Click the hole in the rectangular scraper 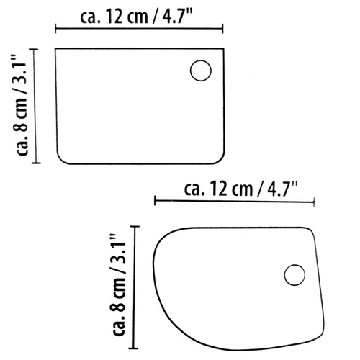click(x=200, y=71)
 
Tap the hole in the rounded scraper click(x=294, y=275)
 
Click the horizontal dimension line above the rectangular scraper click(x=139, y=30)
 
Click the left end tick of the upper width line click(x=56, y=30)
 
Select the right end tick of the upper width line click(x=222, y=30)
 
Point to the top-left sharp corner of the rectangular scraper click(x=57, y=48)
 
